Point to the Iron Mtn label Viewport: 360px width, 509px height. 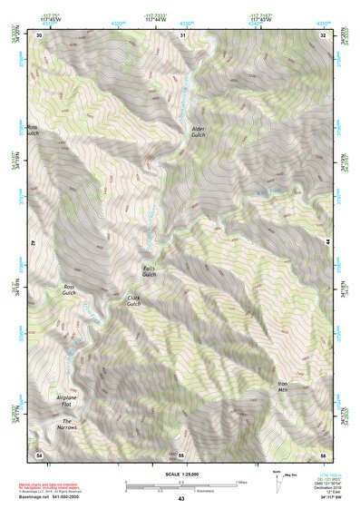point(282,387)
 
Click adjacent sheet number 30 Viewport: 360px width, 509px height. point(39,34)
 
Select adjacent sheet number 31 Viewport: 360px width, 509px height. point(182,34)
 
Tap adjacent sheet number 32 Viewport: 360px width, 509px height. point(324,34)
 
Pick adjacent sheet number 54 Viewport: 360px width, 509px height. point(39,453)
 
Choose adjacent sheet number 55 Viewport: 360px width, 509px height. point(181,453)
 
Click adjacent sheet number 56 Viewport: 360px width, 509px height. point(324,453)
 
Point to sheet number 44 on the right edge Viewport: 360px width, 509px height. point(326,243)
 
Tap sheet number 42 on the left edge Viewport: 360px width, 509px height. point(35,243)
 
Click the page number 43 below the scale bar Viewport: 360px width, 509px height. point(181,499)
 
